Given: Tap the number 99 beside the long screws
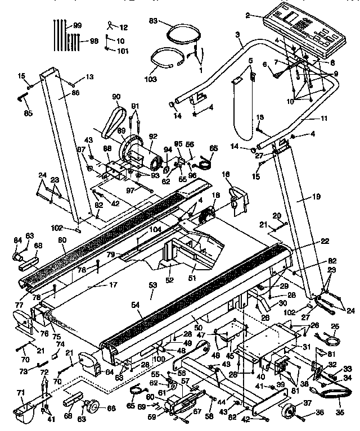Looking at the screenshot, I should [77, 26].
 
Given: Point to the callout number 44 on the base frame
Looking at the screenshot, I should [222, 402].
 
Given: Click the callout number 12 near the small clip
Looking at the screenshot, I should [124, 27].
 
